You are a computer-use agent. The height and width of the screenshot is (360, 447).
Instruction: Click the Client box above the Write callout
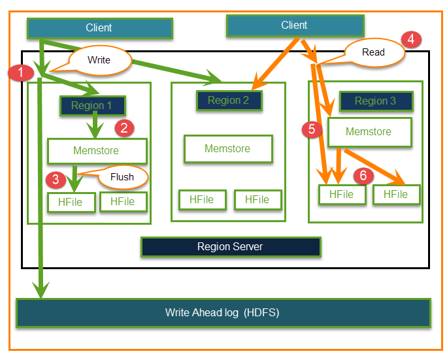point(99,28)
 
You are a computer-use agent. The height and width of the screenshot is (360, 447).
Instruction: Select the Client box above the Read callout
point(294,25)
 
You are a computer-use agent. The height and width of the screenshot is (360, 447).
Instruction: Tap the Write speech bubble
point(99,59)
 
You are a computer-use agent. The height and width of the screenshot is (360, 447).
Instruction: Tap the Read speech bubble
point(373,52)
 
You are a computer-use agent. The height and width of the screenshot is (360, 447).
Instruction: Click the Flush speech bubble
point(122,176)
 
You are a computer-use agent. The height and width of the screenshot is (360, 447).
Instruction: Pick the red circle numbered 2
point(124,127)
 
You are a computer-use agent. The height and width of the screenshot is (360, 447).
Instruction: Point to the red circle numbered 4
point(412,39)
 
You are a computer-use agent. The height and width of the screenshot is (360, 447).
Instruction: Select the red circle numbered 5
point(312,129)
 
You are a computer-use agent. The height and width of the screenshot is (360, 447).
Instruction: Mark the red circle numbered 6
point(363,175)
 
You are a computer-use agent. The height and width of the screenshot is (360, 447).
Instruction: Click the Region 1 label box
point(92,105)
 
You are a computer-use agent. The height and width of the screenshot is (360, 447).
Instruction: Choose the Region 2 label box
point(229,101)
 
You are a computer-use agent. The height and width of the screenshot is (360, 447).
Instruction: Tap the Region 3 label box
point(376,101)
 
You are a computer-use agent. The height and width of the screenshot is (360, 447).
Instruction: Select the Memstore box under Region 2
point(227,148)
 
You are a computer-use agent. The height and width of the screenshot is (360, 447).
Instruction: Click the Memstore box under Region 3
point(369,132)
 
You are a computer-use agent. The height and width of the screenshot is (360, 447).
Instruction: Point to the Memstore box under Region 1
point(96,151)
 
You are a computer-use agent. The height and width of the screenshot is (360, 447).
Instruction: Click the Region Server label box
point(230,247)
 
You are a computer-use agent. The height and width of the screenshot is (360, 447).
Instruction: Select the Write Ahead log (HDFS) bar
point(222,312)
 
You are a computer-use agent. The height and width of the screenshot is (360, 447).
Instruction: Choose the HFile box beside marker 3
point(70,202)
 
